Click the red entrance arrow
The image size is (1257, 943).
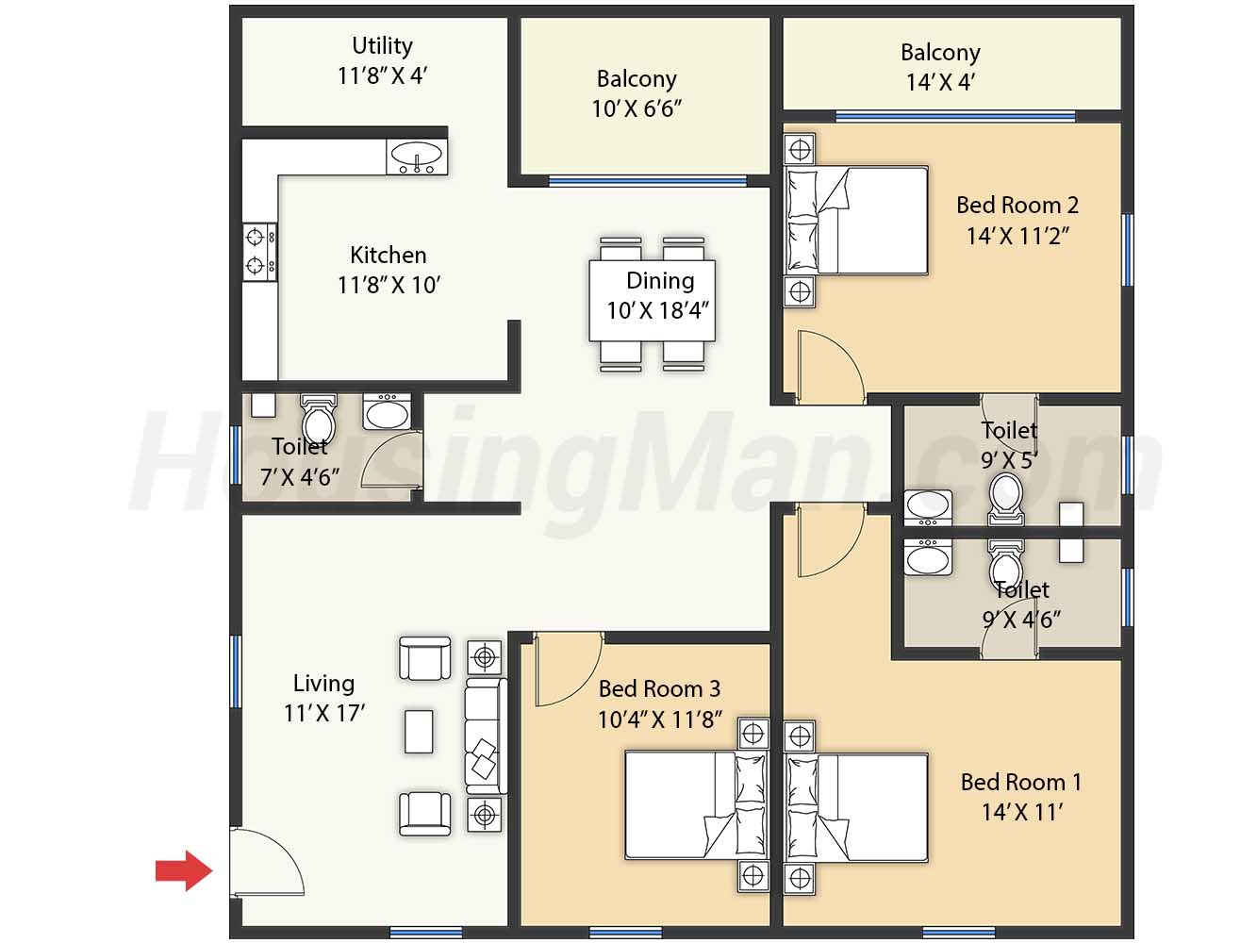(184, 870)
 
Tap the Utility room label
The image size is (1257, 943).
(382, 46)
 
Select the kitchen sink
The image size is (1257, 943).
(416, 157)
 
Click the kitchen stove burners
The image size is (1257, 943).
(259, 252)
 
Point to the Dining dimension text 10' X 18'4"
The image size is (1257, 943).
(657, 311)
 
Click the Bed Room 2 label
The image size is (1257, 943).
(1017, 205)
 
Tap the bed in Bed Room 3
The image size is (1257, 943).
(696, 805)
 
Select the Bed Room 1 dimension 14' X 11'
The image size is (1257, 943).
(1023, 812)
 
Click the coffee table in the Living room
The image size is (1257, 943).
(419, 732)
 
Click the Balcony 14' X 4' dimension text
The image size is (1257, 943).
(940, 82)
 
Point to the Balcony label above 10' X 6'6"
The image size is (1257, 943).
(637, 79)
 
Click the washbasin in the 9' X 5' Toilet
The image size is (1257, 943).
(928, 506)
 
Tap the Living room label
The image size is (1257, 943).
(324, 684)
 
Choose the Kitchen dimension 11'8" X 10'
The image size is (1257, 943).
(389, 285)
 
